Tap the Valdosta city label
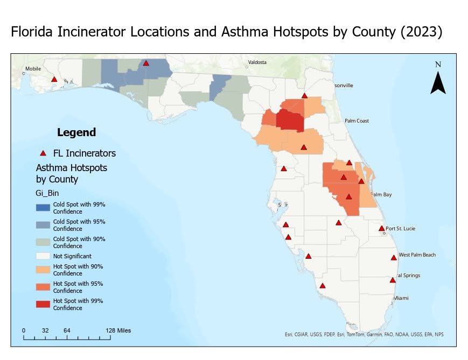[x=257, y=62]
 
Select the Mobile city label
[x=32, y=69]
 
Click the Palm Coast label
[x=357, y=121]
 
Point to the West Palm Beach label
[x=418, y=255]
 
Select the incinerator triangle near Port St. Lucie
[x=382, y=228]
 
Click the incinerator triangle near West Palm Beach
[x=394, y=258]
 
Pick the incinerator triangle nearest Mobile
[x=54, y=80]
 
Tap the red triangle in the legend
[x=43, y=153]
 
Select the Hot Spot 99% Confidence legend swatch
[x=43, y=305]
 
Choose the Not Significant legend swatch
[x=43, y=257]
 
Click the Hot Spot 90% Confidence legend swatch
[x=43, y=270]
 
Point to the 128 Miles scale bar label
[x=118, y=330]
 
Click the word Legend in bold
[x=76, y=132]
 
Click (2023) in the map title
[x=422, y=32]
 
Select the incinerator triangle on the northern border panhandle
[x=146, y=63]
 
